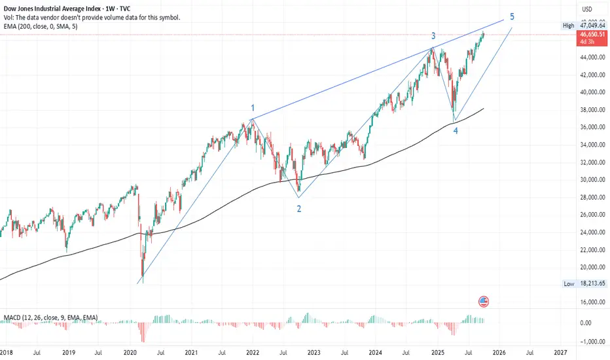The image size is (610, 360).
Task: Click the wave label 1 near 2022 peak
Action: tap(252, 108)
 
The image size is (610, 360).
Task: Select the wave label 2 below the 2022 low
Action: tap(299, 209)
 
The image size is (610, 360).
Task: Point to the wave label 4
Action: tap(456, 131)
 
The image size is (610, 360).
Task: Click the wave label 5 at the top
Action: tap(512, 16)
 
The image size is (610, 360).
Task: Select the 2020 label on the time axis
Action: tap(130, 351)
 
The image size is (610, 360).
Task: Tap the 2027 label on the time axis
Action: tap(560, 351)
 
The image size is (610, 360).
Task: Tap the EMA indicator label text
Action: tap(39, 27)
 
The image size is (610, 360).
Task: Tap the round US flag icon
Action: tap(484, 302)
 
